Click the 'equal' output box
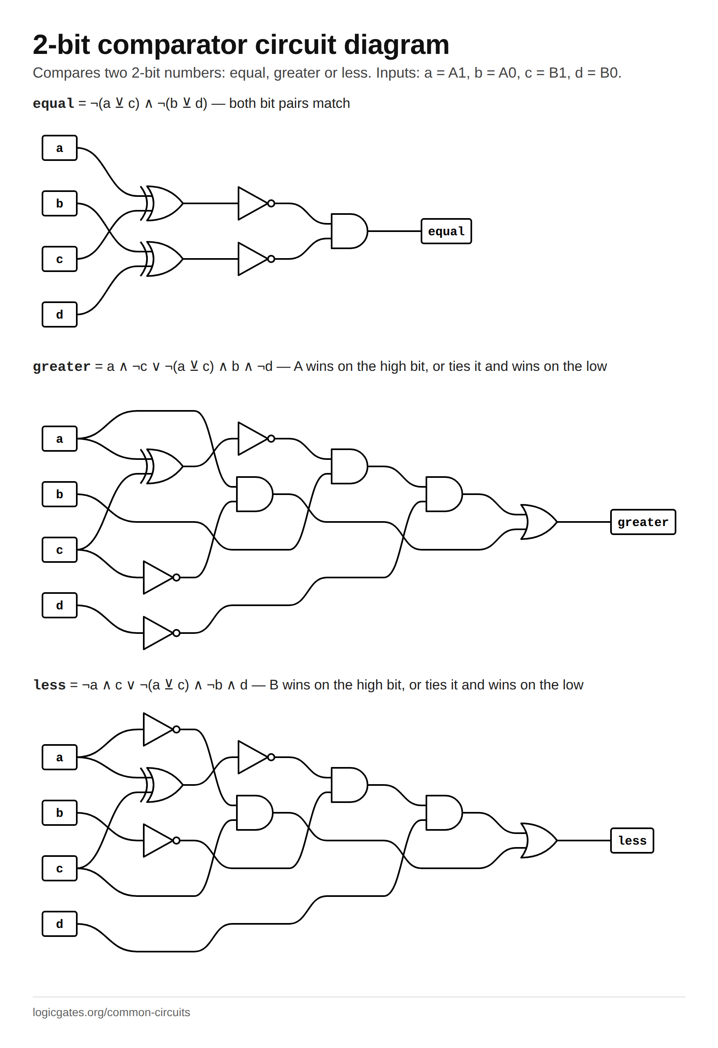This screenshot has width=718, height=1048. (x=446, y=231)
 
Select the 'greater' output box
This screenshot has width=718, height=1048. (x=643, y=522)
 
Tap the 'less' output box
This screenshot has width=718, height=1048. (x=632, y=841)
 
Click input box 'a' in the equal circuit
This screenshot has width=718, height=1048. (x=60, y=148)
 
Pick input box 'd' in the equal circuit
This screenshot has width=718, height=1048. (x=60, y=314)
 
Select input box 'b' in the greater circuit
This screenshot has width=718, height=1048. (x=60, y=494)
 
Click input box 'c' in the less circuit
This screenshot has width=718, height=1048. (x=60, y=868)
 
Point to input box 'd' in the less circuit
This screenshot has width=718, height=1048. (x=60, y=923)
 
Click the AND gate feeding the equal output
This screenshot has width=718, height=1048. (x=349, y=231)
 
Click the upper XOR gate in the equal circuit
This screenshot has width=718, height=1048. (x=162, y=203)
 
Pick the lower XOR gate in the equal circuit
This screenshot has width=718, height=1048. (x=162, y=259)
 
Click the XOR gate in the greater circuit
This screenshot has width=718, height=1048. (x=162, y=466)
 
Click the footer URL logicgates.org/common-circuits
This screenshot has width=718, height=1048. (x=111, y=1012)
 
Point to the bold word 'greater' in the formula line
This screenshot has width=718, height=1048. (x=62, y=367)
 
